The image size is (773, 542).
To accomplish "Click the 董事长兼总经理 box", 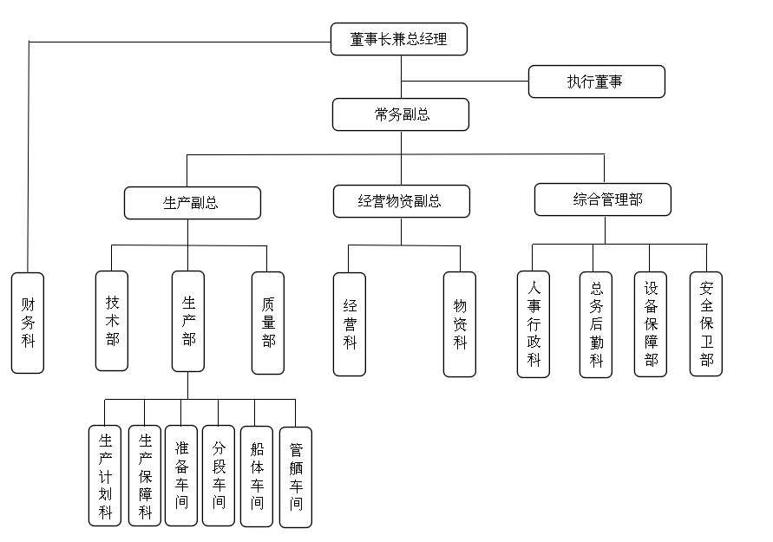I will [400, 39].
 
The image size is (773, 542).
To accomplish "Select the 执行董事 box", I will [597, 82].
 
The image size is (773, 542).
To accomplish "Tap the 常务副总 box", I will [400, 114].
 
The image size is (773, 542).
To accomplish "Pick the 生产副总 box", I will [192, 203].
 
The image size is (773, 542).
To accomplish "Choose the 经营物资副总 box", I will [402, 201].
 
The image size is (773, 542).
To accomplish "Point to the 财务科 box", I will [28, 323].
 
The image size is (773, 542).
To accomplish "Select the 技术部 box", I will [112, 321].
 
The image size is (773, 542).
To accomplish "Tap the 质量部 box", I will [268, 323].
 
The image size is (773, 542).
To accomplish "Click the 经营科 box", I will [350, 323].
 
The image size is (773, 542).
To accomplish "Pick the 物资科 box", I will [460, 324].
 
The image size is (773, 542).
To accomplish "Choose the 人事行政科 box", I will [534, 324].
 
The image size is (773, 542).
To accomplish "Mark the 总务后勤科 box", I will [596, 324].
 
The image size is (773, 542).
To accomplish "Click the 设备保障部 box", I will [651, 324].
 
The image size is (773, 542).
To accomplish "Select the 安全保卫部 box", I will [706, 323].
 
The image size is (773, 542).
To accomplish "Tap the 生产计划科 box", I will [105, 475].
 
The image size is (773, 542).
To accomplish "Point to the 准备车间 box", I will [180, 475].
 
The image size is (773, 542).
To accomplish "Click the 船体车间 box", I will [257, 475].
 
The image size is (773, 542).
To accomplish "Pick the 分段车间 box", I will [219, 475].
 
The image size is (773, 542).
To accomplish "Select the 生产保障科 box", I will [144, 475].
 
